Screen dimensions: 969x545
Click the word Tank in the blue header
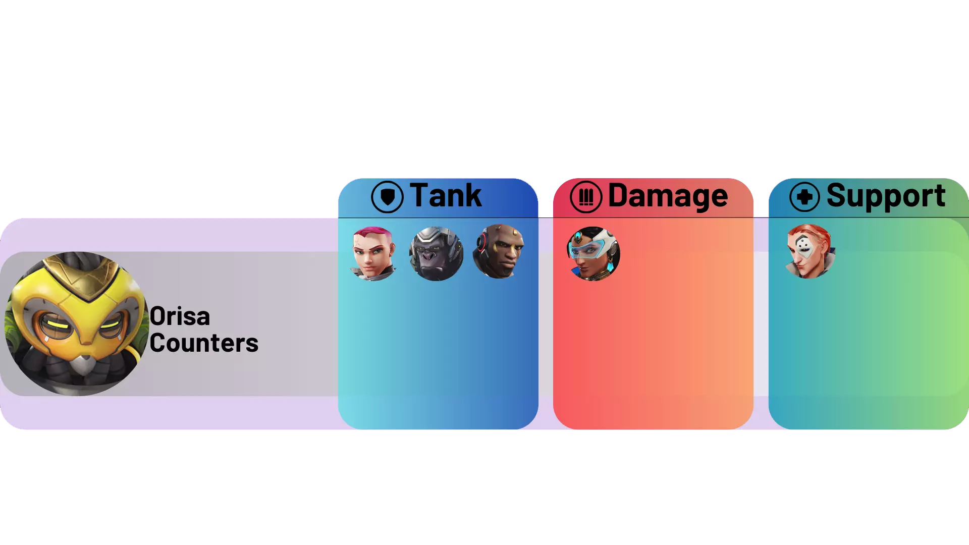tap(446, 195)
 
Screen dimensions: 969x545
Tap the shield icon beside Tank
tap(387, 197)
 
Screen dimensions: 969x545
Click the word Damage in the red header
tap(668, 196)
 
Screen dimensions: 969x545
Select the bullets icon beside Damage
tap(586, 197)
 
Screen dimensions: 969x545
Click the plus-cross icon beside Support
tap(804, 197)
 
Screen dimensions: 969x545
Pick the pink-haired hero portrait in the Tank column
tap(373, 253)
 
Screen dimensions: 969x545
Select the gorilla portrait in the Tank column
tap(436, 253)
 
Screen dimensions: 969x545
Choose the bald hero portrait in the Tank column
tap(499, 252)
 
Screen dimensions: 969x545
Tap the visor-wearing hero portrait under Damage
tap(594, 253)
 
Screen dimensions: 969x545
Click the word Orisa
tap(180, 316)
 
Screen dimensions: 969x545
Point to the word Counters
tap(204, 343)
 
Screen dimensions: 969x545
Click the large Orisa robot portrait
tap(77, 323)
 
